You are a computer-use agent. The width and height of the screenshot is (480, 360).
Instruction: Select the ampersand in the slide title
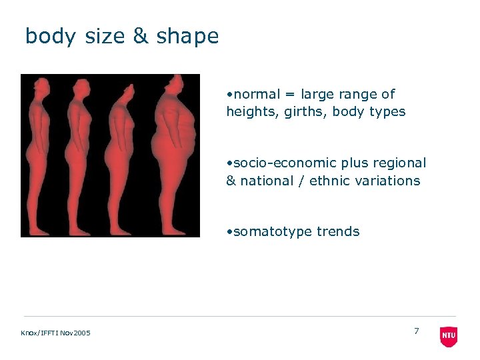tap(140, 36)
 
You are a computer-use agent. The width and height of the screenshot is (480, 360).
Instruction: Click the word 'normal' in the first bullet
tap(256, 94)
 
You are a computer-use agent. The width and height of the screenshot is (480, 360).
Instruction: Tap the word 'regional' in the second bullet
tap(401, 163)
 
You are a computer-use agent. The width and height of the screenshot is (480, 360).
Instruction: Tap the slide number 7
tap(417, 331)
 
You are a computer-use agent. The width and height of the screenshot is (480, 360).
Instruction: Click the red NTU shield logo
tap(449, 336)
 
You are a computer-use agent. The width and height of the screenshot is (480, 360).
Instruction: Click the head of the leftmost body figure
tap(40, 87)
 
